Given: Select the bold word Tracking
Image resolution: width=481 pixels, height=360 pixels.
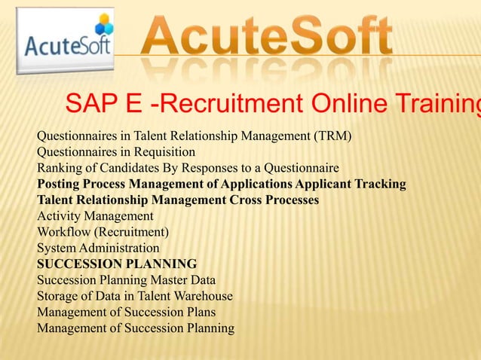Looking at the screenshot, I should [380, 184].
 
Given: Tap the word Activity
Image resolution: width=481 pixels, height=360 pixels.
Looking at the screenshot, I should [57, 215].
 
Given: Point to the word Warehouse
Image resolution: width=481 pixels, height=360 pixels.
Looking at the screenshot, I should [203, 296].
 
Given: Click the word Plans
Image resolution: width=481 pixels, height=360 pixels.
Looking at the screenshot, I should [198, 312].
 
